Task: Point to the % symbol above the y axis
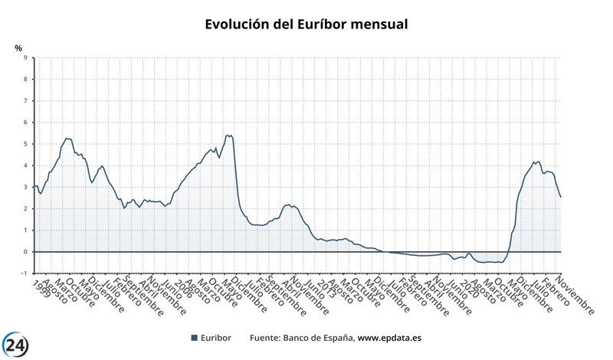(x=19, y=48)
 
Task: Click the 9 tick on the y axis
(x=25, y=57)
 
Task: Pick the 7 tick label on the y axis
(x=25, y=100)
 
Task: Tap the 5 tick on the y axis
(x=25, y=144)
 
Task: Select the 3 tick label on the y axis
(x=25, y=187)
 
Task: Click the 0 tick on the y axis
(x=25, y=252)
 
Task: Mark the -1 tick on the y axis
(x=24, y=273)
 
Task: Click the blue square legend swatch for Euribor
(x=194, y=338)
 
